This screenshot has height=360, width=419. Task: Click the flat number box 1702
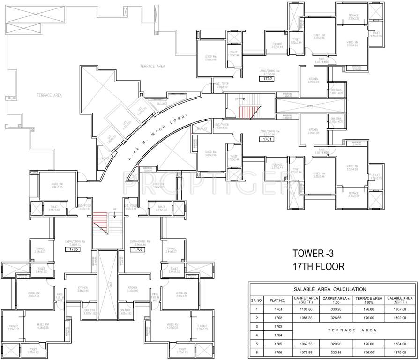[x=268, y=79]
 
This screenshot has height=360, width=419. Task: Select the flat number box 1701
[x=268, y=139]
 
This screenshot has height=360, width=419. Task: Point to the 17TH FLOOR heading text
[x=319, y=267]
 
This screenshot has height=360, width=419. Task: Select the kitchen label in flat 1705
[x=82, y=289]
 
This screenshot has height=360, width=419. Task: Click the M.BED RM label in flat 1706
[x=173, y=324]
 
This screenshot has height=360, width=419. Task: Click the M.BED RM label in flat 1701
[x=352, y=168]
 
